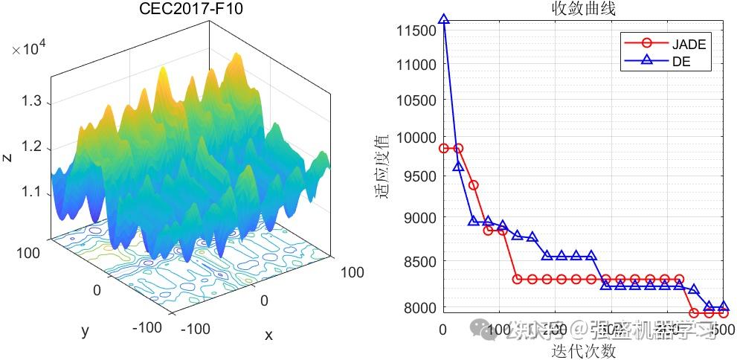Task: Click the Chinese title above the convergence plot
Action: click(x=582, y=9)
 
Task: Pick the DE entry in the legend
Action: click(x=681, y=62)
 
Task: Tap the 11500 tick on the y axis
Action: click(x=417, y=30)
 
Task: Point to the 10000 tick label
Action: click(x=417, y=138)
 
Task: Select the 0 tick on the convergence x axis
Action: click(x=443, y=329)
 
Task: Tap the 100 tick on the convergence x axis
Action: click(x=503, y=329)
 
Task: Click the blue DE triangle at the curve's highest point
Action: click(x=444, y=19)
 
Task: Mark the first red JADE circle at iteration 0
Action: click(x=444, y=148)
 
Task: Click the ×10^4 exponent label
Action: click(x=30, y=50)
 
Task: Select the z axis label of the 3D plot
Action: click(x=7, y=157)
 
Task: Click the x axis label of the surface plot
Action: click(x=268, y=335)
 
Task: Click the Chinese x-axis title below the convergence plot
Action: click(x=583, y=351)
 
